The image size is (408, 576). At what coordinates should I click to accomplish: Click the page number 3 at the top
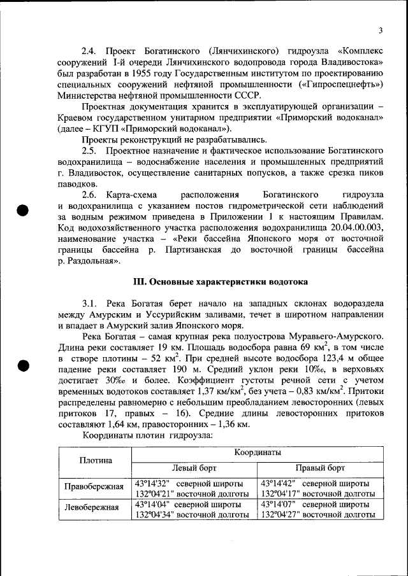(380, 31)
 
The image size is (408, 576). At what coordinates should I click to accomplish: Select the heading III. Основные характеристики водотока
(220, 281)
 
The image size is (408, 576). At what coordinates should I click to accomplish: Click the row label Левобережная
(92, 507)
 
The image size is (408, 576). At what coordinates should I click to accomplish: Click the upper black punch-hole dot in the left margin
(24, 210)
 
